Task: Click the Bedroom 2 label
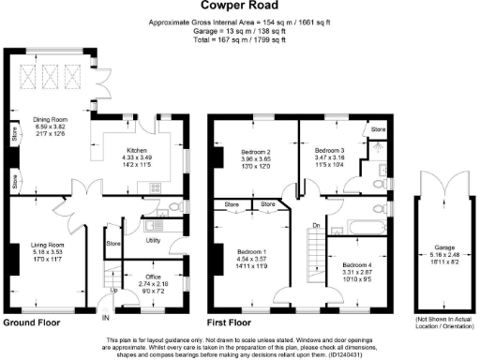click(255, 151)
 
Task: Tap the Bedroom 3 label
click(329, 151)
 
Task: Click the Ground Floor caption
click(31, 322)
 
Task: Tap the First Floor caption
click(233, 322)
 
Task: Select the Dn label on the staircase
click(316, 226)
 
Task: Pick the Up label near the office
click(115, 290)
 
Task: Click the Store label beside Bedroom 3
click(378, 128)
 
